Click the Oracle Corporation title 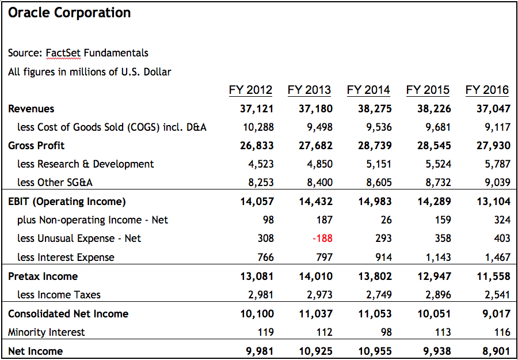70,13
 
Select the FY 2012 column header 251,90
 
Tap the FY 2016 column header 487,90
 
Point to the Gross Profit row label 36,146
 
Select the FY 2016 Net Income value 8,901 493,351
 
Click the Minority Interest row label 47,332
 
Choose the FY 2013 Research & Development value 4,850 319,164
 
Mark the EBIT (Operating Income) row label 67,202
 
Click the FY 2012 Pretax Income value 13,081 257,276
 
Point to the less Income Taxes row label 59,295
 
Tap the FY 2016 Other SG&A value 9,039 497,183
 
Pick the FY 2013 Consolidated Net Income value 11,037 315,314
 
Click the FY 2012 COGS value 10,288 258,127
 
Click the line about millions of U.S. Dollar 90,72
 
